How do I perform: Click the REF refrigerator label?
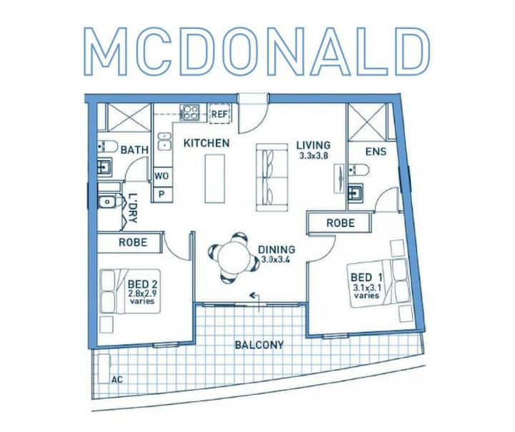220,114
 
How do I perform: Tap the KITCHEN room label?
206,143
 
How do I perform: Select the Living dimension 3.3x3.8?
314,156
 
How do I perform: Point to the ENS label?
376,152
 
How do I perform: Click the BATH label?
134,150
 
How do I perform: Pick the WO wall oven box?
162,176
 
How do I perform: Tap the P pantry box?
162,195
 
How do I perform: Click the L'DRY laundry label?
133,209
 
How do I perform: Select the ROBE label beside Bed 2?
133,242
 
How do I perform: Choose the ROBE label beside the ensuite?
340,223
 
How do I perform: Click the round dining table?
234,258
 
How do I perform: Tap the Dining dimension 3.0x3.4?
276,260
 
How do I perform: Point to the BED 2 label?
142,283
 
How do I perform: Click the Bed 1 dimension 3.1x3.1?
367,288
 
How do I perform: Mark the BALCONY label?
259,345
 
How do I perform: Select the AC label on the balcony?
117,380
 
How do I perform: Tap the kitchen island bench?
215,179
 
